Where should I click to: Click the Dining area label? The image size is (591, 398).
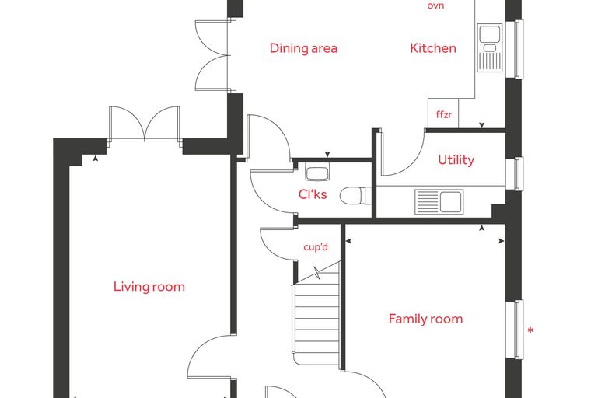[303, 48]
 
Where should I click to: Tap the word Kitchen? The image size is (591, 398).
[433, 48]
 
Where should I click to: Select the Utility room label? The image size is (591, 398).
[456, 160]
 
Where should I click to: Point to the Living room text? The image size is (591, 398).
[149, 286]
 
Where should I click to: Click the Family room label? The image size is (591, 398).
[425, 319]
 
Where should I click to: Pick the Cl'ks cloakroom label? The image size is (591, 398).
[313, 194]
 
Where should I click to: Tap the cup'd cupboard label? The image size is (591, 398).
[316, 247]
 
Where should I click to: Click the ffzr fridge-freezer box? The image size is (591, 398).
[443, 113]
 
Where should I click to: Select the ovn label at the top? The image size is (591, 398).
[435, 5]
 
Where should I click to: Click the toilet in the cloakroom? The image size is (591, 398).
[355, 195]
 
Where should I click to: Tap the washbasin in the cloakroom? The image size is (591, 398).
[317, 173]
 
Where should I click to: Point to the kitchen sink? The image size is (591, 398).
[490, 47]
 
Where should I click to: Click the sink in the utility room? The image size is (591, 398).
[439, 201]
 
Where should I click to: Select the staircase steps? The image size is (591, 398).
[316, 320]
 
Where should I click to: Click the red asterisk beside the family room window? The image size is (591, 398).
[530, 331]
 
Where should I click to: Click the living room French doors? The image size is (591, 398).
[145, 124]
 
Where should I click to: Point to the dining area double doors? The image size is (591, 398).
[212, 55]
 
